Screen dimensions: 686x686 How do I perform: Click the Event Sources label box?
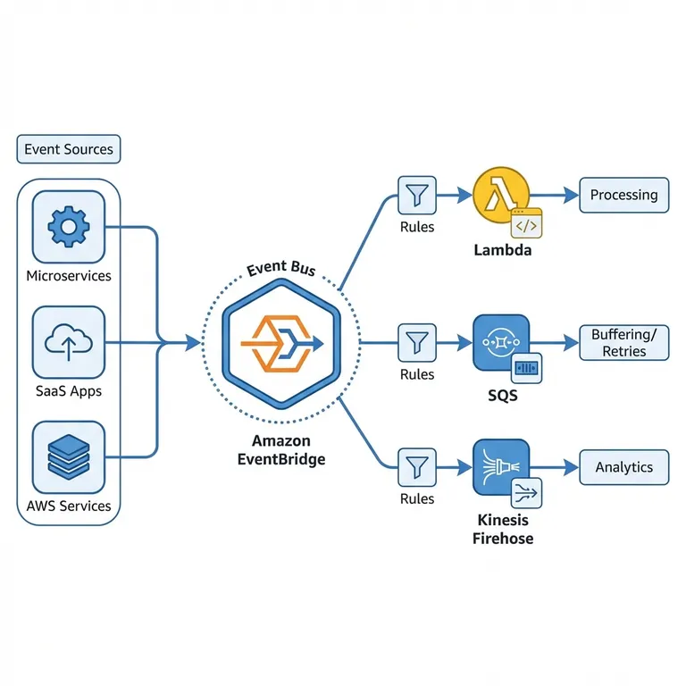[69, 149]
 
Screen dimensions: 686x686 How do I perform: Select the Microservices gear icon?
[68, 226]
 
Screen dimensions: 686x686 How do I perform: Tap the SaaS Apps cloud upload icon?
[68, 342]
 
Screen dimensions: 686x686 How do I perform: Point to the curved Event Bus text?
[280, 267]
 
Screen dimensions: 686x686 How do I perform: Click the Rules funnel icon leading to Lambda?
[416, 195]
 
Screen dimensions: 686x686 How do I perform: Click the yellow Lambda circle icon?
[500, 195]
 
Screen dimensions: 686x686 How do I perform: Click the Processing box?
[623, 195]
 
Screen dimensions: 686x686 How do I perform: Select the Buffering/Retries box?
[623, 342]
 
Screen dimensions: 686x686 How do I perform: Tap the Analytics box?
[623, 466]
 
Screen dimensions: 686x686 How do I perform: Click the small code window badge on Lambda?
[526, 224]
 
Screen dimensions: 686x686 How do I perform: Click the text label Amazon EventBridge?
[281, 450]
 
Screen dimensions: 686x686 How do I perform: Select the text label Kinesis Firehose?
[502, 529]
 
